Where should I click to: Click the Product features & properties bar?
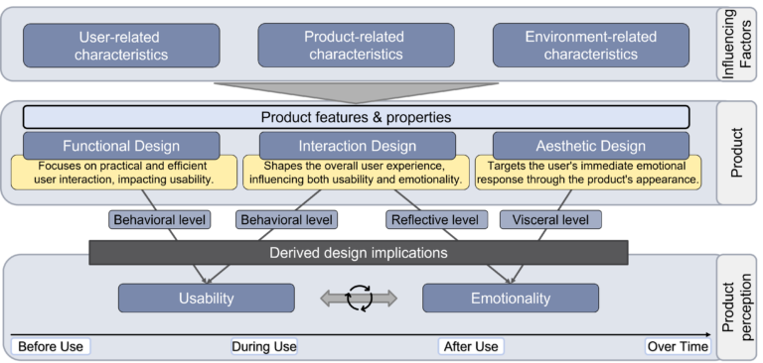pyautogui.click(x=356, y=117)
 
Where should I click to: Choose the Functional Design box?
pyautogui.click(x=120, y=143)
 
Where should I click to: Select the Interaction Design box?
pyautogui.click(x=357, y=143)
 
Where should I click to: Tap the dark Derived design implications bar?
pyautogui.click(x=358, y=252)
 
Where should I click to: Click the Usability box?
pyautogui.click(x=207, y=299)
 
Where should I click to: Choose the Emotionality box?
pyautogui.click(x=511, y=299)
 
